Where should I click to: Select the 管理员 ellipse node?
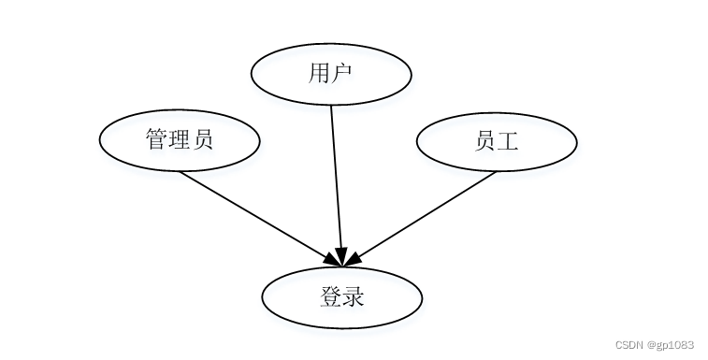click(180, 140)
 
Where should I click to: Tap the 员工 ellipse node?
click(497, 141)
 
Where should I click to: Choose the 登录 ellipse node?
click(342, 298)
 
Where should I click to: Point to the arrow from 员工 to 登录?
click(426, 214)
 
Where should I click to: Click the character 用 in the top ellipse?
click(319, 72)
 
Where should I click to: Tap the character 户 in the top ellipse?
click(341, 72)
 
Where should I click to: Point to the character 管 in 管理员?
click(157, 140)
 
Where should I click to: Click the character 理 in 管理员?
click(180, 140)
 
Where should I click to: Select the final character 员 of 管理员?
click(202, 140)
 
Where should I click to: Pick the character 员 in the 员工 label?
click(485, 141)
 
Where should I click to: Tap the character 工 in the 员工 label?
click(508, 141)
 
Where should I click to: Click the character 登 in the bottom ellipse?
click(330, 298)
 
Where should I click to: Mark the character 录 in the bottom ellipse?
click(353, 298)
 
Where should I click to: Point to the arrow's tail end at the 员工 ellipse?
click(496, 173)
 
